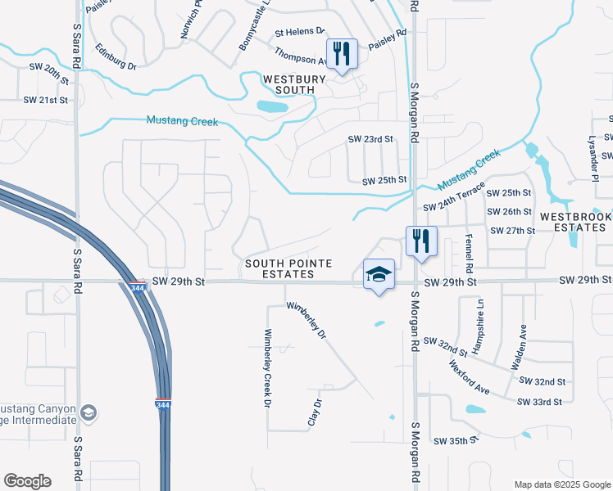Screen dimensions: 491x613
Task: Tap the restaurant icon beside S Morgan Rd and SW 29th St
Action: click(x=421, y=241)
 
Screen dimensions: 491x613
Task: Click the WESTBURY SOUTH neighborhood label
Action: click(x=293, y=85)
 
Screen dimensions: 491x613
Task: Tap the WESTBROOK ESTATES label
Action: click(x=576, y=223)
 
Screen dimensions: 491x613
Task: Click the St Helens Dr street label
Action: click(x=300, y=32)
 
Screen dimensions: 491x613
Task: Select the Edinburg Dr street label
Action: click(x=115, y=56)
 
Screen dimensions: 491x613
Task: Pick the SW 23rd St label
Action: click(x=371, y=140)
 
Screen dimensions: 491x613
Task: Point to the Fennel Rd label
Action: click(x=469, y=253)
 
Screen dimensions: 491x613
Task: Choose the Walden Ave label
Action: click(x=520, y=346)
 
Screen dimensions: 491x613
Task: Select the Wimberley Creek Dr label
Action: click(x=266, y=367)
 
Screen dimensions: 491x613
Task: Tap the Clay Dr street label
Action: click(x=312, y=412)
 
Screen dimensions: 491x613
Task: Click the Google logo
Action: click(x=27, y=480)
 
